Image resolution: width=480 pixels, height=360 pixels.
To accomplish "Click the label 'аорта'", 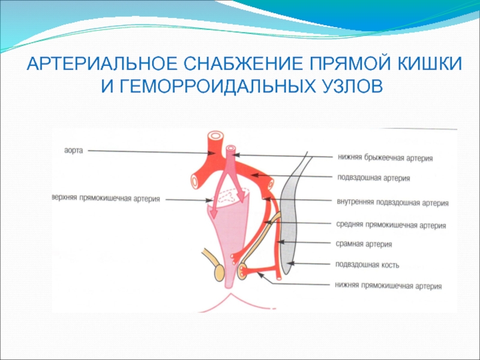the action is point(73,151).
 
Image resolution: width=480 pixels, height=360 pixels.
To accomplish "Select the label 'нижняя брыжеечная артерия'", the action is point(385,158).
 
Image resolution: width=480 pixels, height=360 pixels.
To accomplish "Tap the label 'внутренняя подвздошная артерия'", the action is point(392,202).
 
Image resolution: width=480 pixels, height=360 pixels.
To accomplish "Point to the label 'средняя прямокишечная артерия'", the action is point(391,225).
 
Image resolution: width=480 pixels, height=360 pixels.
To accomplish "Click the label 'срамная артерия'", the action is point(364,244).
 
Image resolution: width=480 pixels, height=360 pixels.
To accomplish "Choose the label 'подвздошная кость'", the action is point(367,265).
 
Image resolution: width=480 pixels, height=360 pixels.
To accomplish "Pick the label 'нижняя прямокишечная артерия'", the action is point(388,286).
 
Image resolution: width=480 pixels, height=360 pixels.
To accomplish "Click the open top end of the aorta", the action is point(215,135).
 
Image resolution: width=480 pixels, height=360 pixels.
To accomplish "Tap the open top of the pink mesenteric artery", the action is point(231,148).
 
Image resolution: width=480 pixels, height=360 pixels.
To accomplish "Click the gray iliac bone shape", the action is point(289,214).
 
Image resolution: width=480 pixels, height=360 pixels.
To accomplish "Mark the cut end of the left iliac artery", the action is point(194,181).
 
